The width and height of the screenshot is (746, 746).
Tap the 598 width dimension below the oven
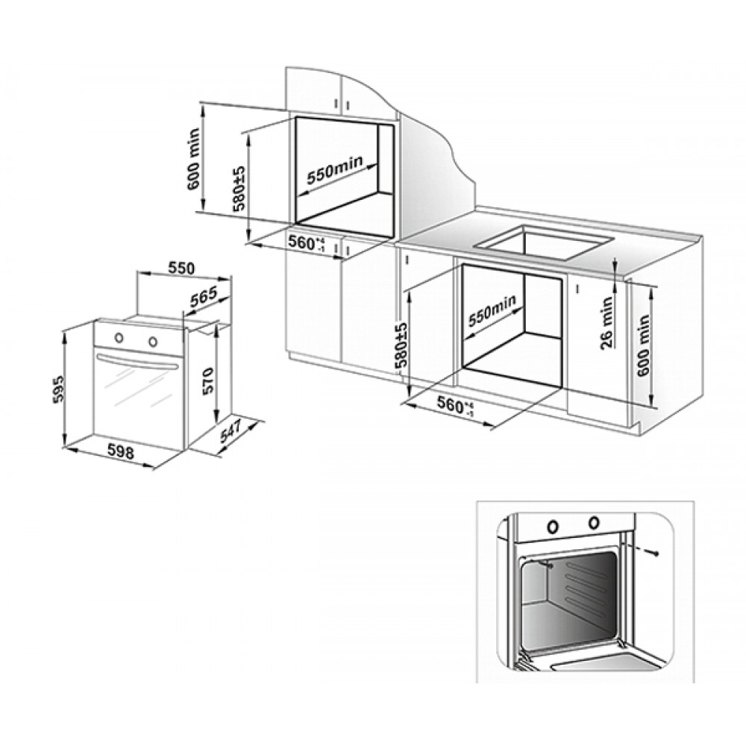pos(119,450)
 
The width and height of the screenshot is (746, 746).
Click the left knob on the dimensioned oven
pos(117,339)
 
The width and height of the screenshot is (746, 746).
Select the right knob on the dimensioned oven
pos(153,342)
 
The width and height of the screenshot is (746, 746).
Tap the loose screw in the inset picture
pos(654,551)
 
